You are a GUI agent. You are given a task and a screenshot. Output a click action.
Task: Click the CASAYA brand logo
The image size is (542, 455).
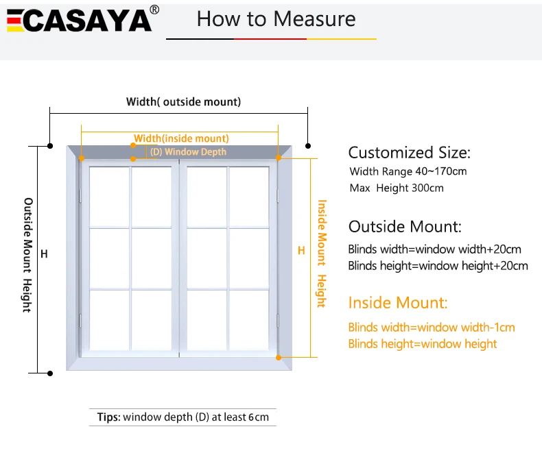pyautogui.click(x=79, y=20)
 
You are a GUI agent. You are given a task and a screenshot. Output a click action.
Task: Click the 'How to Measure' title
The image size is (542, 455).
pyautogui.click(x=276, y=19)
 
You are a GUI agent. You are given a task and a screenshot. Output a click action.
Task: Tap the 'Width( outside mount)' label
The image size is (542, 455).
pyautogui.click(x=183, y=102)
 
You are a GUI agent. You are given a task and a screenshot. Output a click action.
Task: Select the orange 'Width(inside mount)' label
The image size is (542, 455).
pyautogui.click(x=181, y=138)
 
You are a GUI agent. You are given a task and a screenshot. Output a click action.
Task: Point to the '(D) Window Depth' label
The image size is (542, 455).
pyautogui.click(x=188, y=151)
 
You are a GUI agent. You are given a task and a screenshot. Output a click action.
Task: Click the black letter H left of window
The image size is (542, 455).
pyautogui.click(x=44, y=254)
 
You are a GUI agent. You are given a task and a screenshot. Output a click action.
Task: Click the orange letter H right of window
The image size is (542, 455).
pyautogui.click(x=301, y=251)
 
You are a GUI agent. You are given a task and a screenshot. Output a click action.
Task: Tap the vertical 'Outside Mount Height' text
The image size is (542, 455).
pyautogui.click(x=27, y=255)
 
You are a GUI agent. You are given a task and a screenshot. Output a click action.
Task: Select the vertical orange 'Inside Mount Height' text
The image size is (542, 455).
pyautogui.click(x=320, y=254)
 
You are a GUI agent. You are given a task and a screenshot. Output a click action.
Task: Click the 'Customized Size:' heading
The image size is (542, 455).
pyautogui.click(x=410, y=152)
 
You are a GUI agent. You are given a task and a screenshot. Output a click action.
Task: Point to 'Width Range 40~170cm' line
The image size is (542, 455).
pyautogui.click(x=408, y=171)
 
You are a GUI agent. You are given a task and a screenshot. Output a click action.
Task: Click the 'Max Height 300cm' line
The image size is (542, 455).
pyautogui.click(x=396, y=188)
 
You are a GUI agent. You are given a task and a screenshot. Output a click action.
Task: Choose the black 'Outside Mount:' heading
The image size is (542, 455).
pyautogui.click(x=405, y=227)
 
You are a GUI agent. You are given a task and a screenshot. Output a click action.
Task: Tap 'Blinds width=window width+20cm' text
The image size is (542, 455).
pyautogui.click(x=434, y=249)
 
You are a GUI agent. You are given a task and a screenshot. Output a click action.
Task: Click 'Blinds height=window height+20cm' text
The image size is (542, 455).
pyautogui.click(x=438, y=265)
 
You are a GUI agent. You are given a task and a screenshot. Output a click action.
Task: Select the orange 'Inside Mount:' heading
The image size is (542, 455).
pyautogui.click(x=398, y=302)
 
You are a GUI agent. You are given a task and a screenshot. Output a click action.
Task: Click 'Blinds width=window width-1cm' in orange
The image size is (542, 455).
pyautogui.click(x=431, y=328)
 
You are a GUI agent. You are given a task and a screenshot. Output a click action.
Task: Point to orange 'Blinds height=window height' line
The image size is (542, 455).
pyautogui.click(x=422, y=344)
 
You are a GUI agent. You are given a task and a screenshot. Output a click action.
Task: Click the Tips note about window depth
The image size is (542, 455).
pyautogui.click(x=183, y=417)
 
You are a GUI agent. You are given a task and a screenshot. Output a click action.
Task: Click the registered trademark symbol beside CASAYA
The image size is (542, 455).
pyautogui.click(x=154, y=10)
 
